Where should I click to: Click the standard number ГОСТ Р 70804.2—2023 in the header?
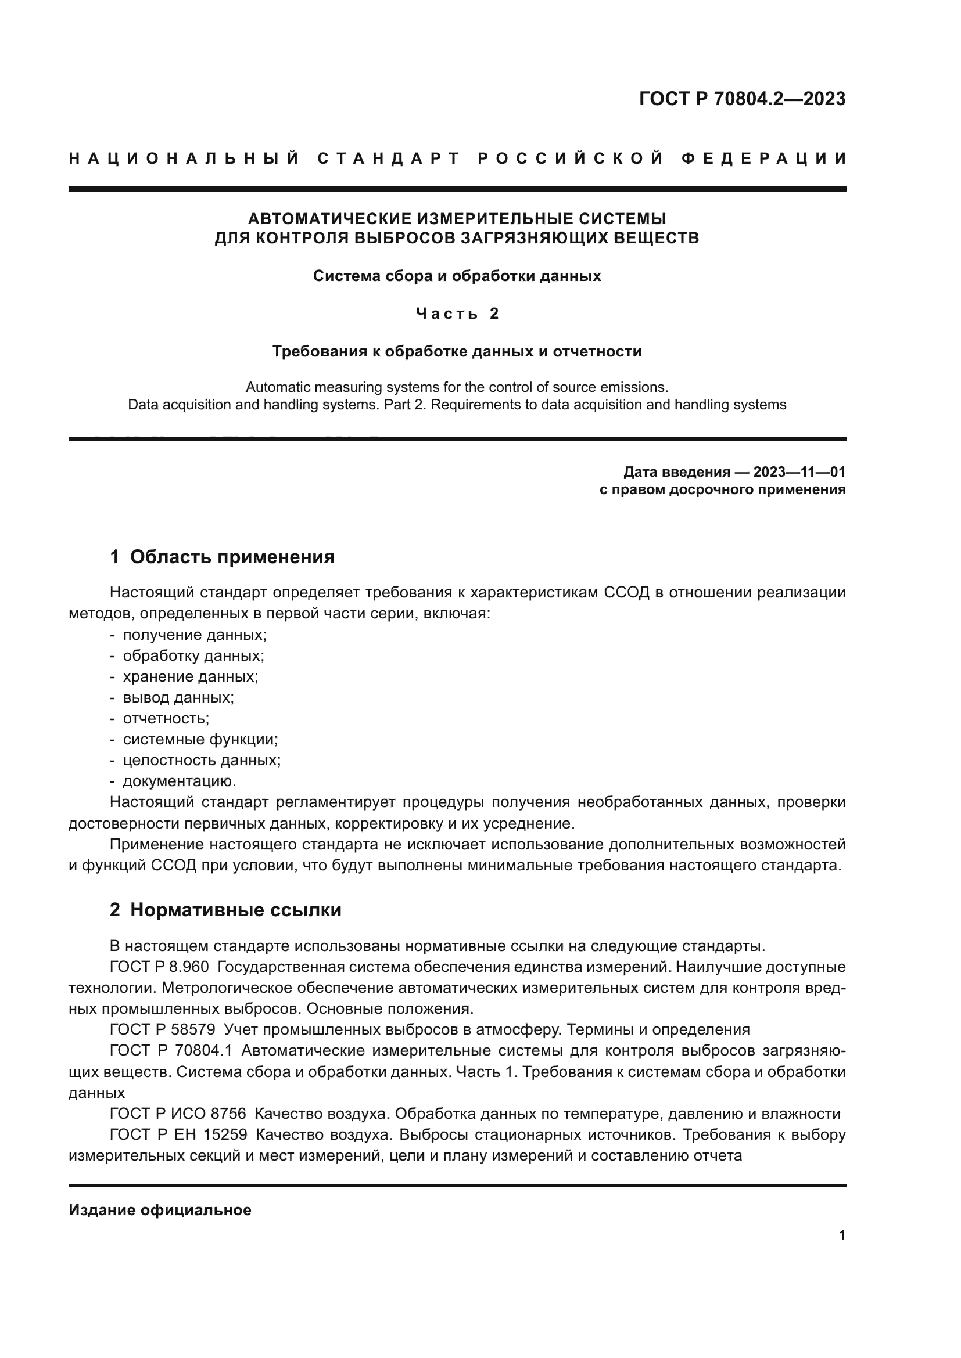click(x=742, y=99)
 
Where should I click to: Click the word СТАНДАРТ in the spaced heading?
click(x=389, y=159)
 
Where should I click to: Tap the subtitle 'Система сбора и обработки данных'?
click(x=457, y=276)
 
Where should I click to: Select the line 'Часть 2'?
click(x=457, y=314)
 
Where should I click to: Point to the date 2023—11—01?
click(x=799, y=472)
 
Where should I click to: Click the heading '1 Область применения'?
click(x=223, y=557)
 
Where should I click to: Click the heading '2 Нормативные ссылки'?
click(x=225, y=910)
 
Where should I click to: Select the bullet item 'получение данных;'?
click(x=194, y=635)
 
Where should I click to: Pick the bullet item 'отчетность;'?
click(x=166, y=719)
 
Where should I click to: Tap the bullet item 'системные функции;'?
click(x=200, y=739)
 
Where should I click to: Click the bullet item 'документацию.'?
click(x=180, y=781)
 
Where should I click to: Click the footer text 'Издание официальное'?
click(x=160, y=1210)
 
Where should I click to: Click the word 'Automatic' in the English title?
click(x=278, y=387)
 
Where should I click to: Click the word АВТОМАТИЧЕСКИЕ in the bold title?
click(x=329, y=219)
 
